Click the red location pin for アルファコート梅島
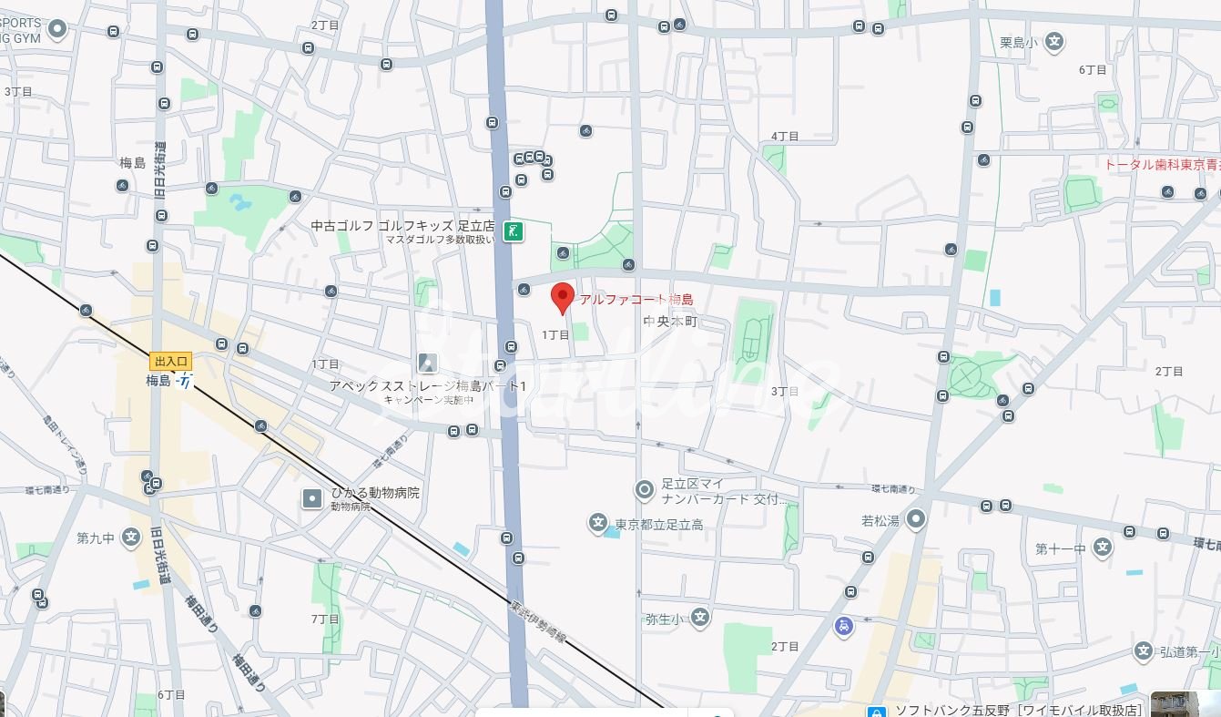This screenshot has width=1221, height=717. pos(563,297)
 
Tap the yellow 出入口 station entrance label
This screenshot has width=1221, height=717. pos(170,362)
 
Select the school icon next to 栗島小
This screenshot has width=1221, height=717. pos(1054,41)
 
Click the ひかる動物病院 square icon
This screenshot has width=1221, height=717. pos(312,498)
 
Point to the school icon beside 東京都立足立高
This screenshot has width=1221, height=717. pos(597,523)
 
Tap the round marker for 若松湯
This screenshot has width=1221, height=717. pos(916,519)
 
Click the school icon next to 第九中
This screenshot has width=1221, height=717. pos(131,538)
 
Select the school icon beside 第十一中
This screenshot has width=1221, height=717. pos(1103,548)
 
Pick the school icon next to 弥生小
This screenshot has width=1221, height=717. pos(699,619)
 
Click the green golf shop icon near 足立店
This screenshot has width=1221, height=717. pos(514,230)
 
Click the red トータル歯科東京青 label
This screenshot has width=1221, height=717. pos(1161,165)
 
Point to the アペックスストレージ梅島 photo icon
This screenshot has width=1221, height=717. pos(427,363)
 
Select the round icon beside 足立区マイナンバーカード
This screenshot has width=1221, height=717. pos(645,490)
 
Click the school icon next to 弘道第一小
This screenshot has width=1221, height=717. pos(1144,651)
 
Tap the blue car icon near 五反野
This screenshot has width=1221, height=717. pos(843,626)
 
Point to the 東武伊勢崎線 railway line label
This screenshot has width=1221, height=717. pos(537,621)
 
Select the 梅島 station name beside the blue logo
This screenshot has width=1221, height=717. pos(158,381)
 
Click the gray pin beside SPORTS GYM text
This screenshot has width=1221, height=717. pos(58,30)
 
